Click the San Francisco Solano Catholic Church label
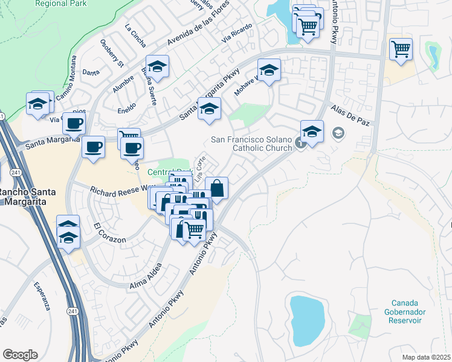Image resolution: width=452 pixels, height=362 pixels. tap(251, 144)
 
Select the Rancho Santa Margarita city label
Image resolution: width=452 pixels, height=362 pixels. tap(27, 197)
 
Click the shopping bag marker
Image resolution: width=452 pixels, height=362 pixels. tap(216, 188)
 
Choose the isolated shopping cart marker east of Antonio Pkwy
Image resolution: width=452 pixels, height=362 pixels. tap(401, 49)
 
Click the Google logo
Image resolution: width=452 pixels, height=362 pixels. tap(20, 354)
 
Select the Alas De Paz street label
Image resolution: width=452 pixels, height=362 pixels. tap(349, 116)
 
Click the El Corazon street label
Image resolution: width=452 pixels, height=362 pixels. tap(109, 234)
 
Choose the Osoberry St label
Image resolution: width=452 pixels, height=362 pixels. tap(112, 53)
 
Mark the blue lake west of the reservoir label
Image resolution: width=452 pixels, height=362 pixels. tap(305, 317)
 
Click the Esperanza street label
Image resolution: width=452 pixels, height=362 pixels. tap(42, 296)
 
